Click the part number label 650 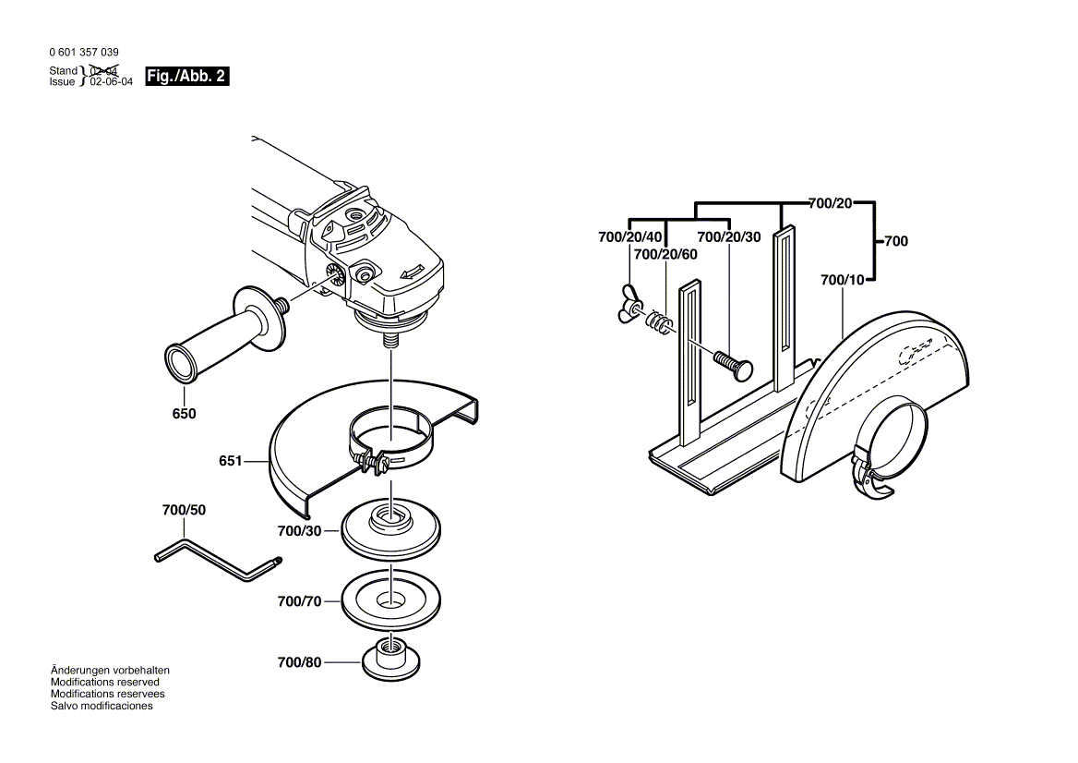pyautogui.click(x=185, y=414)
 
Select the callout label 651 pyautogui.click(x=231, y=460)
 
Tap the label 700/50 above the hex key pyautogui.click(x=184, y=510)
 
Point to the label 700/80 pyautogui.click(x=299, y=662)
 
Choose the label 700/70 pyautogui.click(x=299, y=601)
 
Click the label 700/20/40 pyautogui.click(x=629, y=237)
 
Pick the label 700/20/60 pyautogui.click(x=665, y=255)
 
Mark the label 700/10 pyautogui.click(x=842, y=280)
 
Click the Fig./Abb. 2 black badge pyautogui.click(x=187, y=77)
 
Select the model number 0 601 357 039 pyautogui.click(x=84, y=53)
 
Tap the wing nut pyautogui.click(x=629, y=303)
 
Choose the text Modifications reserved pyautogui.click(x=105, y=683)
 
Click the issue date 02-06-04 pyautogui.click(x=112, y=82)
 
